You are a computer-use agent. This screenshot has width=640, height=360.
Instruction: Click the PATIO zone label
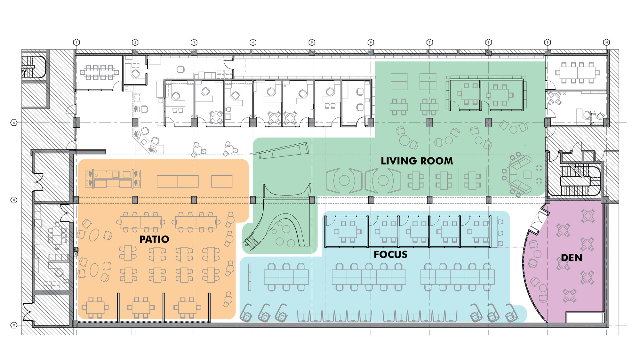tap(154, 239)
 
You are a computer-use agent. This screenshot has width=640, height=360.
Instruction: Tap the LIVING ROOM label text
tap(417, 161)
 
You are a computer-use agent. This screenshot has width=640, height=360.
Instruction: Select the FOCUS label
tap(391, 254)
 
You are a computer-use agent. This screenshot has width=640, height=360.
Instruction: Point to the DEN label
tap(572, 258)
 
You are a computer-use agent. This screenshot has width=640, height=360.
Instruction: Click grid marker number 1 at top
tap(76, 42)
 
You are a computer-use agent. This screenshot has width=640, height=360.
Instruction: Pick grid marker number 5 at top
tap(312, 42)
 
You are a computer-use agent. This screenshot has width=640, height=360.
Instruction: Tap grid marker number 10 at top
tap(606, 42)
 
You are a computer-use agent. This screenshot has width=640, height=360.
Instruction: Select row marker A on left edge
tap(14, 123)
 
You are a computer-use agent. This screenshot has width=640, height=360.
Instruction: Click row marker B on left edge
tap(14, 200)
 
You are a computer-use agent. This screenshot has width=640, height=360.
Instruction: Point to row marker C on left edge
tap(14, 325)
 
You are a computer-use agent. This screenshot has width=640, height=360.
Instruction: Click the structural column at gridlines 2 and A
tap(135, 123)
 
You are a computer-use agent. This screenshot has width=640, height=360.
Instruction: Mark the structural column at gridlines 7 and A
tap(429, 123)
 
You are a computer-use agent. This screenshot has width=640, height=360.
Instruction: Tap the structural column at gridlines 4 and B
tap(253, 200)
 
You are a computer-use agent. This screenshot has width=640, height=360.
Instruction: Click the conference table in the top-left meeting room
tap(99, 72)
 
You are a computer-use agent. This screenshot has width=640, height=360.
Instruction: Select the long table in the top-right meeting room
tap(578, 73)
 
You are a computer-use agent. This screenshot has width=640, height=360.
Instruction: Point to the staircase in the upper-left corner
tap(33, 67)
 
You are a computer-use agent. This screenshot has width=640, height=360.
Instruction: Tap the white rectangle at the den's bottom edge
tap(585, 318)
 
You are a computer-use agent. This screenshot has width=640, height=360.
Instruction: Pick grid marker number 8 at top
tap(488, 42)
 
